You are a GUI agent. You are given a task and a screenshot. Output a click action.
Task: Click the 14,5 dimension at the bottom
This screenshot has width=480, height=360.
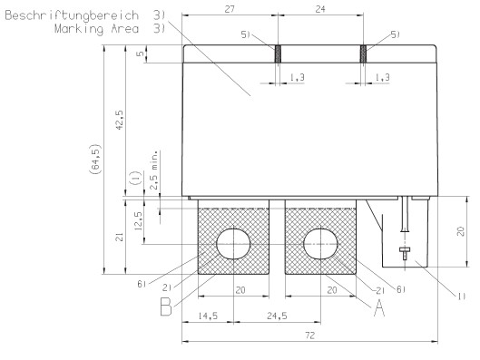[x=208, y=316]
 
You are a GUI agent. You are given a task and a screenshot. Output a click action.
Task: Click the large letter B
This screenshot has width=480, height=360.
[x=166, y=308]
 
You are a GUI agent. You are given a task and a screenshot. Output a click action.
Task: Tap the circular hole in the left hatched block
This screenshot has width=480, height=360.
[x=234, y=243]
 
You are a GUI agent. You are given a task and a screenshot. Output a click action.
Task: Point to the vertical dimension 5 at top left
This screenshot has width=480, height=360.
[x=139, y=54]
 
